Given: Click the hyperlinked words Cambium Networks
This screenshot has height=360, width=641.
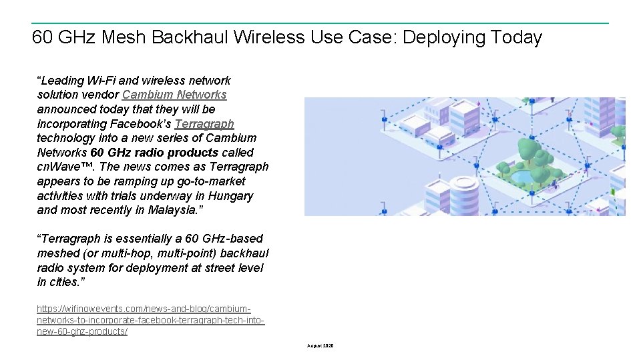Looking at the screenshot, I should point(174,95).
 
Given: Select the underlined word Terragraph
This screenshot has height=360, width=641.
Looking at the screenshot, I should point(204,124).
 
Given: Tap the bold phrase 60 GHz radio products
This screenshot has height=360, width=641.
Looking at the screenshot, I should point(154,153).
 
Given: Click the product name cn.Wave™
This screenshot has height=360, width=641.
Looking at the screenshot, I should point(65,167).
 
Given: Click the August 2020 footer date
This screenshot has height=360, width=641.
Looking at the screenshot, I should point(320,346).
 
